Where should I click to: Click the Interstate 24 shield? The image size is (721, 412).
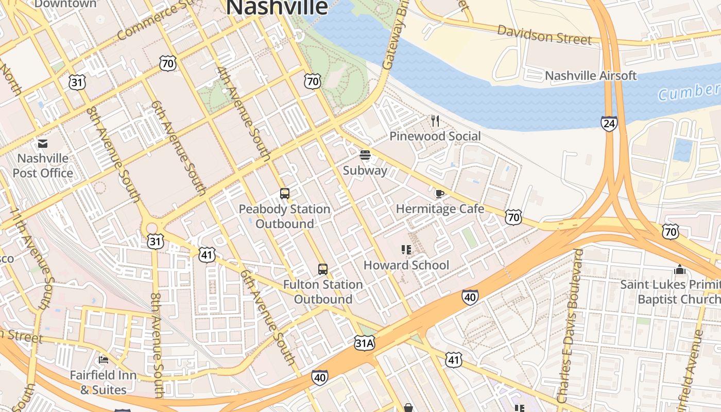[609, 124]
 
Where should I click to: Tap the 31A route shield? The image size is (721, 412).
[364, 343]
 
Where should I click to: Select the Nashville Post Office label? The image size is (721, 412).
[43, 165]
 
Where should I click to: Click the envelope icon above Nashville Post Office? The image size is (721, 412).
[43, 144]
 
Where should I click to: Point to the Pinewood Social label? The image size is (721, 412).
[435, 136]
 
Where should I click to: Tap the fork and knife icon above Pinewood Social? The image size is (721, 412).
[436, 121]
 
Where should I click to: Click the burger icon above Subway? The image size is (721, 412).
[365, 155]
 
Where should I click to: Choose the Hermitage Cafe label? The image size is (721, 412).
[440, 209]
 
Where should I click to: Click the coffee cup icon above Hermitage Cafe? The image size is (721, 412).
[439, 194]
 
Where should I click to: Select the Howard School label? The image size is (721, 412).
[406, 265]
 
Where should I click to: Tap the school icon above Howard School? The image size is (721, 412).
[406, 250]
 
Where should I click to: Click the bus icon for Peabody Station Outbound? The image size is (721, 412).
[285, 194]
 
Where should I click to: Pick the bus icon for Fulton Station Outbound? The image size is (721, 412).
[323, 269]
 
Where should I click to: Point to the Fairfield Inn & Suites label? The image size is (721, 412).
[104, 382]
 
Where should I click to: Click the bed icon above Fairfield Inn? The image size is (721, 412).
[104, 359]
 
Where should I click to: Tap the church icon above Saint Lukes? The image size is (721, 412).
[680, 269]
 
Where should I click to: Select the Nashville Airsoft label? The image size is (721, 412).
[591, 76]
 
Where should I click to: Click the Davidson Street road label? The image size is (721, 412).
[544, 35]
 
